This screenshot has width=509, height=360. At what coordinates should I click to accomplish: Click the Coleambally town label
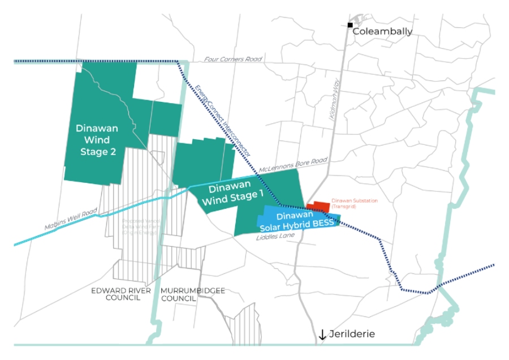click(382, 32)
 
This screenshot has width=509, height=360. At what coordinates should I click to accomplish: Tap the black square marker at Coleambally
click(350, 25)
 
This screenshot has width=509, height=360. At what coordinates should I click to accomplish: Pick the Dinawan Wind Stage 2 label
click(97, 140)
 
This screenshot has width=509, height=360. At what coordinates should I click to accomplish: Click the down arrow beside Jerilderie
click(322, 335)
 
